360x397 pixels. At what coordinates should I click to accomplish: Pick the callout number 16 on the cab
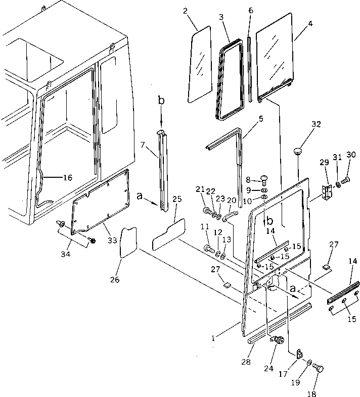(x=67, y=177)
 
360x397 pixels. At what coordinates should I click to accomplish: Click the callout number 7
(x=143, y=145)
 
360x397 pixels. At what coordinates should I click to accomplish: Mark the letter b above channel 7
(x=161, y=101)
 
